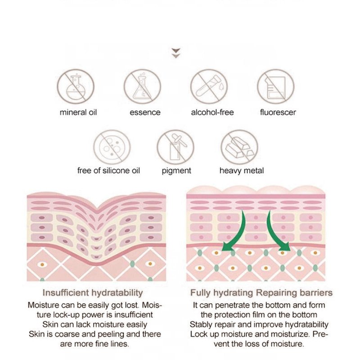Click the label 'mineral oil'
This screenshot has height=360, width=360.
(78, 112)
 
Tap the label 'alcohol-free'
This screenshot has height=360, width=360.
(212, 112)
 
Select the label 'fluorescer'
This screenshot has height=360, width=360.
(278, 112)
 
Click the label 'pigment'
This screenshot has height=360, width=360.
(176, 171)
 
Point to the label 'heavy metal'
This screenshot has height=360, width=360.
(242, 171)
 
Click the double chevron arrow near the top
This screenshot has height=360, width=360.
(176, 53)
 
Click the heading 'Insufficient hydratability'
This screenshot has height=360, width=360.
(93, 293)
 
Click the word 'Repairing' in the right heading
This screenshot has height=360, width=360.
(276, 293)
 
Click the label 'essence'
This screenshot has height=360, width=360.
(145, 112)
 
